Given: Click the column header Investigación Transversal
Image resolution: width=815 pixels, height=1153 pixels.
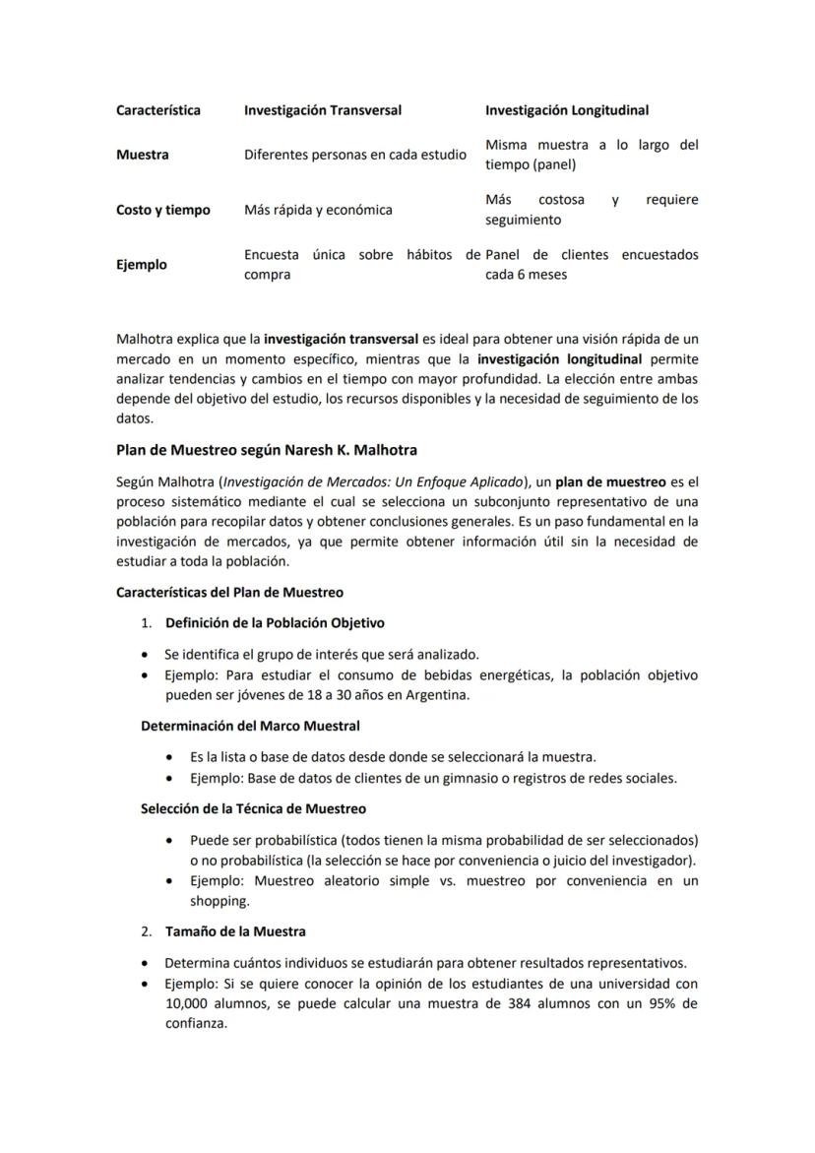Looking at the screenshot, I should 322,110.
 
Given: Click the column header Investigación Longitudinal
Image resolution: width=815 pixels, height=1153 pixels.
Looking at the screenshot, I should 566,110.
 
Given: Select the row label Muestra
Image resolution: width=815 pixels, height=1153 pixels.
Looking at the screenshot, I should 142,155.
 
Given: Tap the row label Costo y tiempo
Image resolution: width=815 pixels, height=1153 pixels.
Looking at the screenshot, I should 162,210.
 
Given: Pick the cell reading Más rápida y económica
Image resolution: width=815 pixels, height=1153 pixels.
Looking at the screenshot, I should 318,210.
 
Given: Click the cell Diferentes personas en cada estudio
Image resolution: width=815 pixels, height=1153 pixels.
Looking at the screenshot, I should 354,155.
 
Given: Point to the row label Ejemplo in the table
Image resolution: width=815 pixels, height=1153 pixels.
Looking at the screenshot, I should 141,265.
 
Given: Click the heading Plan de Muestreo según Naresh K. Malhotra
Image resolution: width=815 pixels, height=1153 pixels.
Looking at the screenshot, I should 266,450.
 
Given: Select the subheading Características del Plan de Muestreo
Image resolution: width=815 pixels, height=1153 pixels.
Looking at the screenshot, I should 229,593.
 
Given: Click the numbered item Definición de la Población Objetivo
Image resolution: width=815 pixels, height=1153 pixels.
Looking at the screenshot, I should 275,623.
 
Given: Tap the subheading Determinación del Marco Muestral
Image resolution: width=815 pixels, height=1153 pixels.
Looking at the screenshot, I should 250,726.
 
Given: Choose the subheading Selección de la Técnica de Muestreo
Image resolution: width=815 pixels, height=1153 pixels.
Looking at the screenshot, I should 253,808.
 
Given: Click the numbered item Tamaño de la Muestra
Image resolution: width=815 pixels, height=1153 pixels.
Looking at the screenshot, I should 235,931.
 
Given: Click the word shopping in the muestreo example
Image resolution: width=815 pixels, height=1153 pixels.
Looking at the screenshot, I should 219,901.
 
